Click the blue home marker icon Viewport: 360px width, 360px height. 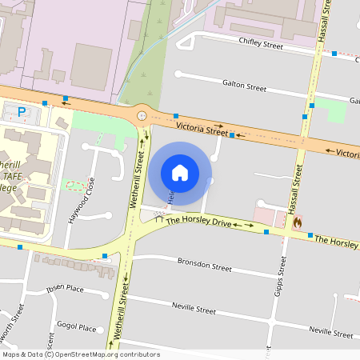(180, 172)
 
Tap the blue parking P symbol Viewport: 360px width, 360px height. (22, 112)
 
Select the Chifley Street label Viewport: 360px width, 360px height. (261, 46)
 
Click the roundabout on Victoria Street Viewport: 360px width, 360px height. (142, 115)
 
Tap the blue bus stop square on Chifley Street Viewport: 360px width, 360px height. (334, 54)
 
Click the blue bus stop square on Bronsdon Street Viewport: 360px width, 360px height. (266, 277)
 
